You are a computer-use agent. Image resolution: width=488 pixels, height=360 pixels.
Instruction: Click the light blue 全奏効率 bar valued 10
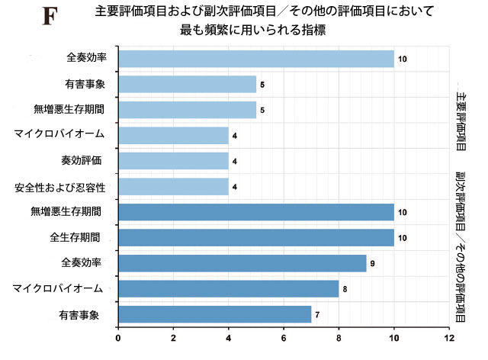(256, 59)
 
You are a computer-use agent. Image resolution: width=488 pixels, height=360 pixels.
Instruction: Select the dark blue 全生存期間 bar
(256, 237)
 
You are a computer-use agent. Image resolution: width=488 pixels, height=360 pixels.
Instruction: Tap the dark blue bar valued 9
(242, 263)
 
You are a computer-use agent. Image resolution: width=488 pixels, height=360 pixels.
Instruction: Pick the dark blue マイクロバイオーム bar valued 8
(229, 288)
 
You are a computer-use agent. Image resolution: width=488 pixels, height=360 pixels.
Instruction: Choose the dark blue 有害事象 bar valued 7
(215, 313)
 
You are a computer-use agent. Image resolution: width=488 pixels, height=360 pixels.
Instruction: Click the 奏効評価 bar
(174, 161)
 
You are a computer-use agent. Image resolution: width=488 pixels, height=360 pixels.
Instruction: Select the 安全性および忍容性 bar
(174, 186)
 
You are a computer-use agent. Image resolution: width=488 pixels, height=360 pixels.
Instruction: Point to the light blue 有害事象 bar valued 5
(188, 84)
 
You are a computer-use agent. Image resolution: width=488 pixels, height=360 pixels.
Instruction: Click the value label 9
(373, 263)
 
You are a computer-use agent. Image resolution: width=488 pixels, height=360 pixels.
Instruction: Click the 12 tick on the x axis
(450, 336)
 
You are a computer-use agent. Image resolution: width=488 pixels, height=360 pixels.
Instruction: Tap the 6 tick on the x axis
(284, 336)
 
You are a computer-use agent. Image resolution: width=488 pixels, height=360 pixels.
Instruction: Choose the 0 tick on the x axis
(118, 336)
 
